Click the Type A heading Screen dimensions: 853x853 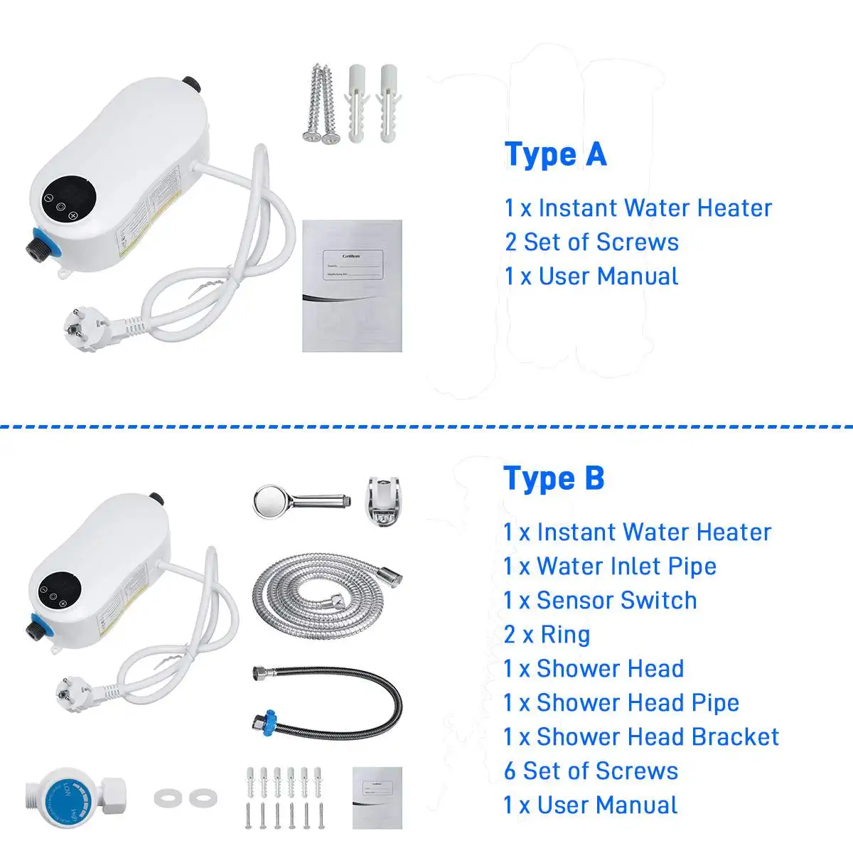(x=555, y=154)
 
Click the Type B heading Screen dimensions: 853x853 (x=554, y=478)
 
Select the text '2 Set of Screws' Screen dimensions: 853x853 (x=591, y=242)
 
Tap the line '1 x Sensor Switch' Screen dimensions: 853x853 (x=600, y=600)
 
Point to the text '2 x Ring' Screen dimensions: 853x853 (x=547, y=634)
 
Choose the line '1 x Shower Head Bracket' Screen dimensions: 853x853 (x=641, y=736)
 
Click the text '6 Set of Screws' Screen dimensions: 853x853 (x=591, y=771)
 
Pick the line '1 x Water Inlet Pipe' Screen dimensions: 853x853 (x=610, y=566)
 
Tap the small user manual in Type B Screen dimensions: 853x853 (x=377, y=798)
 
